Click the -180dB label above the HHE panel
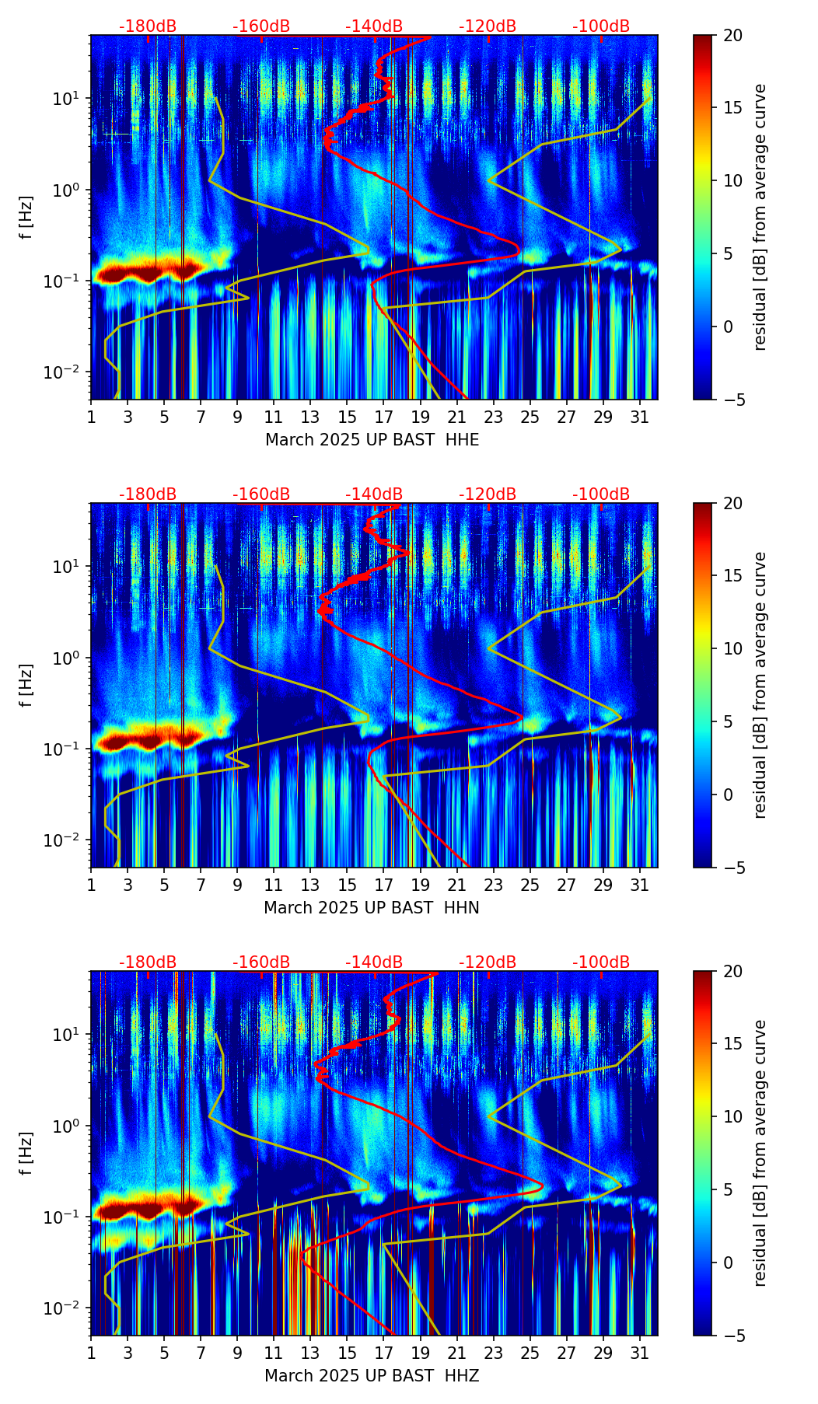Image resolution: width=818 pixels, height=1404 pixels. [148, 26]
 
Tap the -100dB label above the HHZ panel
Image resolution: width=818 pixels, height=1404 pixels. [601, 962]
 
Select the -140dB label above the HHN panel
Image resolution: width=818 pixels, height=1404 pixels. [374, 494]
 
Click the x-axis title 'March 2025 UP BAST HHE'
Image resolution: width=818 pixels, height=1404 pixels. [372, 440]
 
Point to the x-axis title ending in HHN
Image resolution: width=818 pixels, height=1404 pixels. [371, 908]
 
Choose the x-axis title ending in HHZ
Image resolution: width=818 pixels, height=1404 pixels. [371, 1376]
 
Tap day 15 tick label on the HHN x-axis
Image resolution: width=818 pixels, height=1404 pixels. [347, 885]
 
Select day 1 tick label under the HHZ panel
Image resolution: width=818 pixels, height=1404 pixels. [91, 1353]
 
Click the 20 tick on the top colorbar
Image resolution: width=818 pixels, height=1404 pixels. [732, 35]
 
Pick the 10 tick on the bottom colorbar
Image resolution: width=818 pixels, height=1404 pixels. [732, 1116]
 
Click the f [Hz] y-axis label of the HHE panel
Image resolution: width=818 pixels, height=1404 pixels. [27, 218]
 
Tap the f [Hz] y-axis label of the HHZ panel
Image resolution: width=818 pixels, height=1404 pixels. [27, 1154]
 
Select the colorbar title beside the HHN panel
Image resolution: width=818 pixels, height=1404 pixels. [760, 685]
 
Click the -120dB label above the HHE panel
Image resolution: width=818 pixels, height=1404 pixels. [488, 26]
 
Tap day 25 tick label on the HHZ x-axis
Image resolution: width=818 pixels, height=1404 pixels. [530, 1353]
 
